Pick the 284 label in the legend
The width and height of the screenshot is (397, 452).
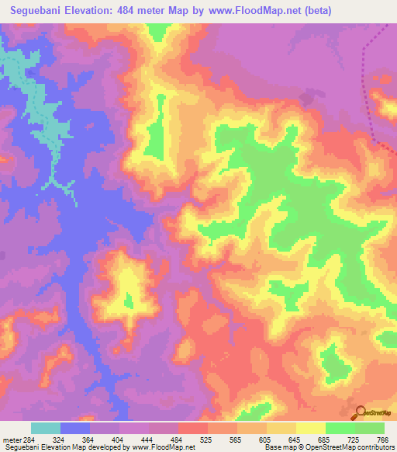point(28,440)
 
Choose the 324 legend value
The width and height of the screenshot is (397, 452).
point(58,440)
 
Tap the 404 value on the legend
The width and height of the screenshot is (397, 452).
point(119,440)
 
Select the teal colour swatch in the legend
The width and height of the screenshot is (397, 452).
point(46,428)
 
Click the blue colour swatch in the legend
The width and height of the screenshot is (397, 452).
point(76,428)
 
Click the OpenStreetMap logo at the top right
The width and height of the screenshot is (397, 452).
point(376,78)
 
